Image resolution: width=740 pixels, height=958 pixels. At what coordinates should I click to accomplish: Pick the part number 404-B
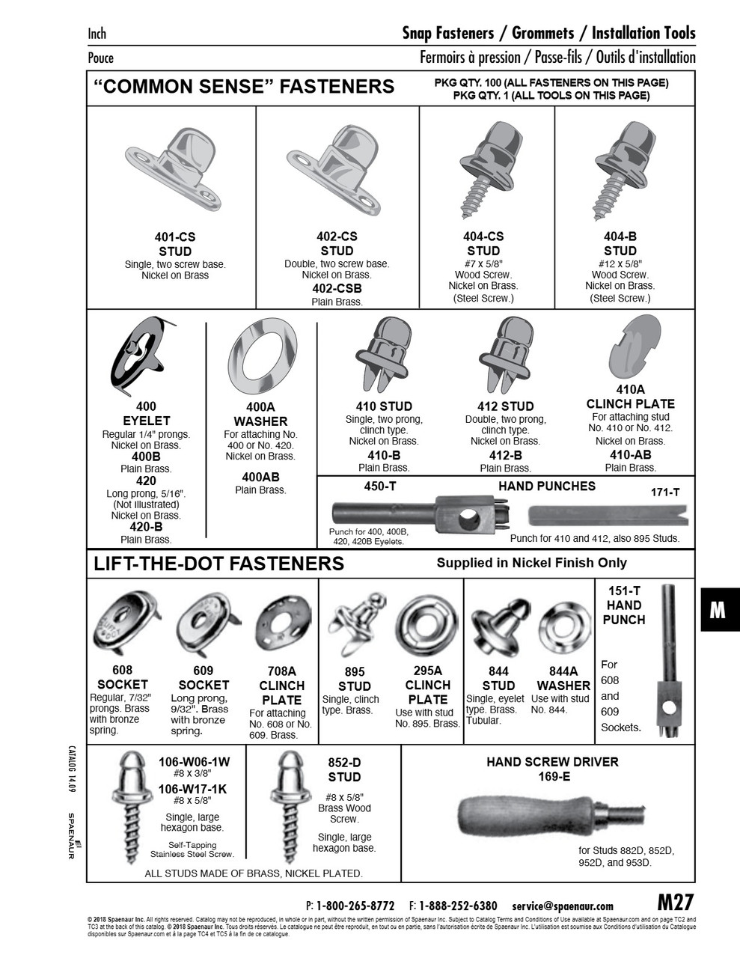(620, 237)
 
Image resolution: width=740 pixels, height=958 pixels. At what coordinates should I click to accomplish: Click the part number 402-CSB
(337, 288)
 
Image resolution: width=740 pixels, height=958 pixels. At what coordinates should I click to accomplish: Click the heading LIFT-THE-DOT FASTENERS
(218, 564)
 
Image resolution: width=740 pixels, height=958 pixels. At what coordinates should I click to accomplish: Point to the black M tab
(717, 610)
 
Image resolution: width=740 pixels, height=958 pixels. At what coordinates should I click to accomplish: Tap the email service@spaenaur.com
(563, 906)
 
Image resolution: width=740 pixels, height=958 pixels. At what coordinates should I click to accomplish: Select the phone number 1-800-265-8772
(355, 906)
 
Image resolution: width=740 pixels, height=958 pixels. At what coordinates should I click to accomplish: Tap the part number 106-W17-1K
(193, 789)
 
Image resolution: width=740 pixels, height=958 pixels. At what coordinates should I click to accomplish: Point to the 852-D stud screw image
(289, 808)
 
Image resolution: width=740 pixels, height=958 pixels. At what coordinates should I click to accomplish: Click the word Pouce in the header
(101, 58)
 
